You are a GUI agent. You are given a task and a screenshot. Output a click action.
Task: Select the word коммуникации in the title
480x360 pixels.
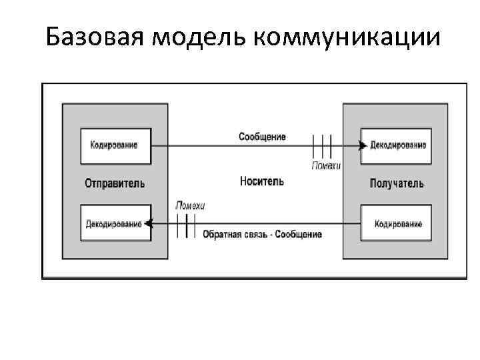point(347,37)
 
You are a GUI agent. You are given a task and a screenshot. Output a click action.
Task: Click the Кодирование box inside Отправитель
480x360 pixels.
point(115,145)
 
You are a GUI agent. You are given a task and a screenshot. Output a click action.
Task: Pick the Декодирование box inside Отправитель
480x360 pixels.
point(115,223)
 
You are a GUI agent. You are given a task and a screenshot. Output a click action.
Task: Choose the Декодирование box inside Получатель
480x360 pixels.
point(396,145)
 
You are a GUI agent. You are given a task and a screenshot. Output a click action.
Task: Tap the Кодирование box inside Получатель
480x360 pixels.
point(396,223)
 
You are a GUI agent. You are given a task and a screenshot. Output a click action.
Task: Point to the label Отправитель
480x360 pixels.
point(115,183)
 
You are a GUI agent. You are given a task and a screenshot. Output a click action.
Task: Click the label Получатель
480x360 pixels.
point(396,183)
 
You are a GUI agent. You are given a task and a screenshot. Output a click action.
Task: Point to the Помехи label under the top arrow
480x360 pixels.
point(326,165)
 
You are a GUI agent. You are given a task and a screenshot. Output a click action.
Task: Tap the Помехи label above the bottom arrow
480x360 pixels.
point(190,205)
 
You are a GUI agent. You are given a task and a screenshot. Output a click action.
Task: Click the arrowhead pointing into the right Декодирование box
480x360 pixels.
point(362,145)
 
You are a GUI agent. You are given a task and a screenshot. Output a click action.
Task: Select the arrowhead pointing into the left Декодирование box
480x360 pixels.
point(149,223)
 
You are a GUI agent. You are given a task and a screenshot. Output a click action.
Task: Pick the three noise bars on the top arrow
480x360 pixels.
point(322,145)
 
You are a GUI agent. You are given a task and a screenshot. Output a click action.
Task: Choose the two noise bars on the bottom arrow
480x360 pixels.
point(182,224)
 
